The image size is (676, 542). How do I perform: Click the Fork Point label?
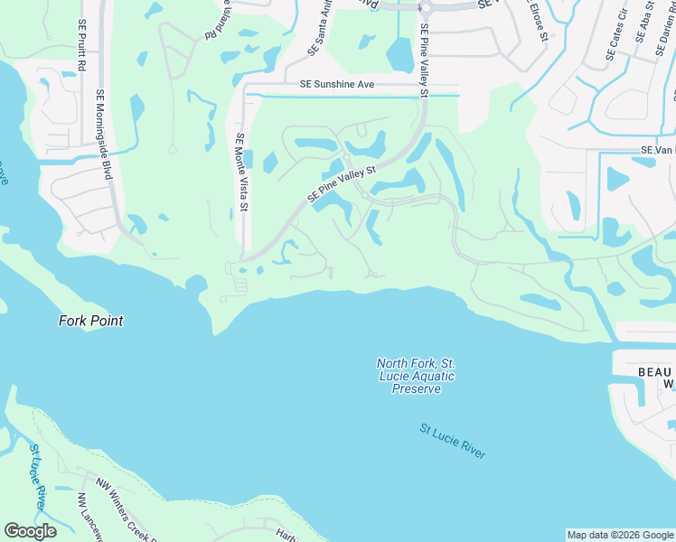(90, 321)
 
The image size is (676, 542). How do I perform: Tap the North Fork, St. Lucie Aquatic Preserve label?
(416, 376)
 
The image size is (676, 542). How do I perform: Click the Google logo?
(31, 531)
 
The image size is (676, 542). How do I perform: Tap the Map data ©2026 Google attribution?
(620, 535)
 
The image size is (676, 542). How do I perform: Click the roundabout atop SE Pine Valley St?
(422, 7)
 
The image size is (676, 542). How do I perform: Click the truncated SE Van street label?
(658, 150)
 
